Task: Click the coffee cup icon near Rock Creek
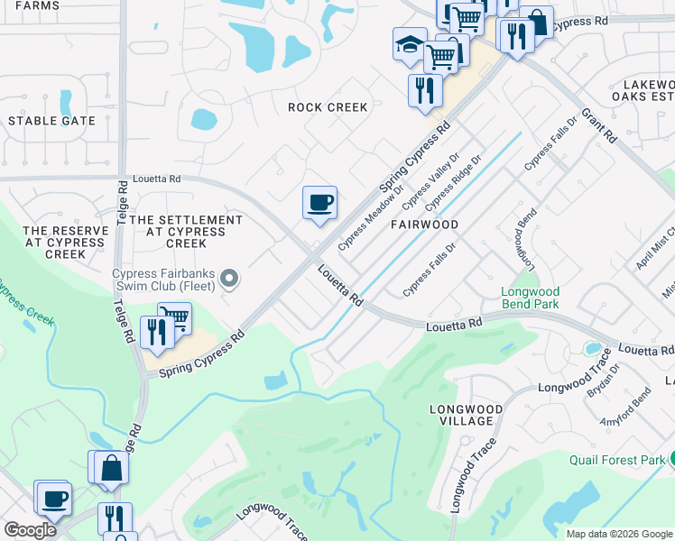tap(319, 202)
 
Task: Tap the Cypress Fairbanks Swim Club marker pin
tap(229, 280)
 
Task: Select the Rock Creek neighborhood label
tap(328, 107)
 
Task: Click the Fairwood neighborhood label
tap(425, 225)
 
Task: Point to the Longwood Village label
tap(460, 414)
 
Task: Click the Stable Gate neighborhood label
tap(51, 121)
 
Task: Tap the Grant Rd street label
tap(598, 127)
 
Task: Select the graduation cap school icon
tap(409, 42)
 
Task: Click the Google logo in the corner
tap(29, 530)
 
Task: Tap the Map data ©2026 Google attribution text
tap(620, 534)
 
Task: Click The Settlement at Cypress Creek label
tap(186, 232)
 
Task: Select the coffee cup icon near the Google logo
tap(52, 497)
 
